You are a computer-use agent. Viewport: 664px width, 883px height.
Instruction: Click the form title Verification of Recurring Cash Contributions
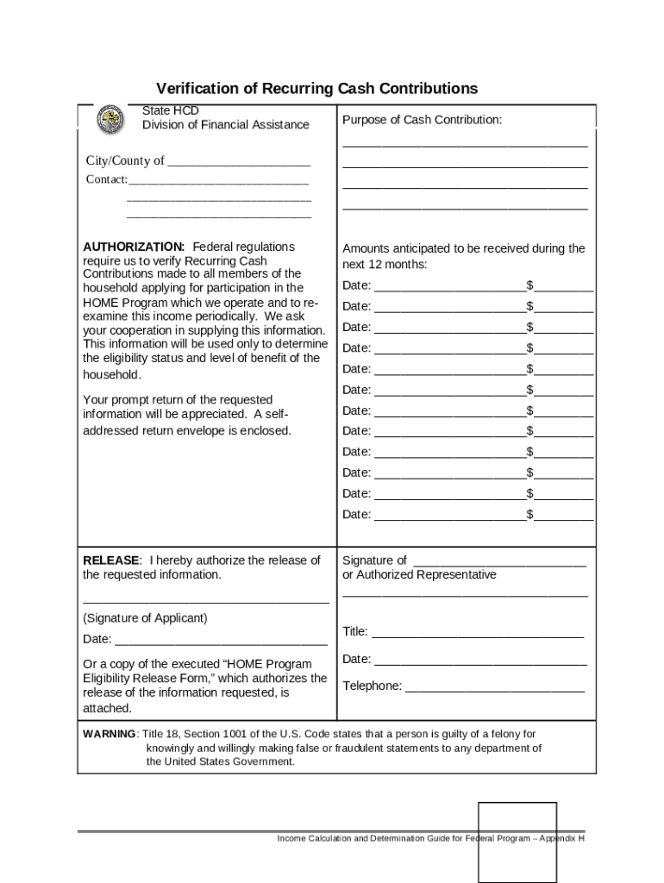point(316,89)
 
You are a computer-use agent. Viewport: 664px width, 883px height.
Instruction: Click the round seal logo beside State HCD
point(110,118)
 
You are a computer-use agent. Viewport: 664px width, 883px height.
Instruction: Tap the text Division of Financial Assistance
point(225,125)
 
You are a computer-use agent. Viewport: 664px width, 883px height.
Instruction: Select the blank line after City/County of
point(238,162)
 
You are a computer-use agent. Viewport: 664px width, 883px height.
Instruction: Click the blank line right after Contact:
point(217,180)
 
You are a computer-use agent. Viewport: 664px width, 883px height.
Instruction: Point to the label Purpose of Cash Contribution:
point(422,120)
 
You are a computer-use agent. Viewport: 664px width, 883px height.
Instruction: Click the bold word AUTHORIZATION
point(133,247)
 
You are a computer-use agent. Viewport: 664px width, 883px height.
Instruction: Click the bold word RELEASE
point(110,560)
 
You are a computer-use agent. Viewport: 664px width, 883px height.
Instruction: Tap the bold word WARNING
point(109,734)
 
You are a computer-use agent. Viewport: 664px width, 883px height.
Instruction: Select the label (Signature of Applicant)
point(145,618)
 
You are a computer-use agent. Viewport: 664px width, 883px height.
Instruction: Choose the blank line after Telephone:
point(494,688)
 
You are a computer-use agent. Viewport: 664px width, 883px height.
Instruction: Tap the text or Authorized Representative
point(419,575)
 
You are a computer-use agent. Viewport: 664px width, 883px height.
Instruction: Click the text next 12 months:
point(384,264)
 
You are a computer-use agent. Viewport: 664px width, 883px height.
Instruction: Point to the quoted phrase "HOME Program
point(263,664)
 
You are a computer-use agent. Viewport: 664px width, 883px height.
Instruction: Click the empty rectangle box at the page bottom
point(517,842)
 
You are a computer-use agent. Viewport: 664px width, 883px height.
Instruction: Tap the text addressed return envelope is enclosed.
point(186,430)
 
